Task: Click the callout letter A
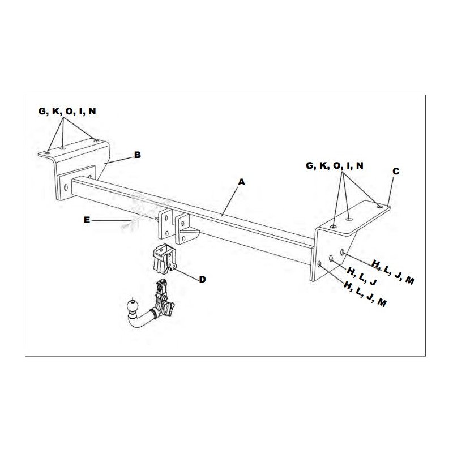point(241,182)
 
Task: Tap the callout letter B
point(138,155)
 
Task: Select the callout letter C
point(395,172)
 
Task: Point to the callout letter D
point(202,279)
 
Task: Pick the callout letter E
point(87,220)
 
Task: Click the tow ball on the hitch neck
point(133,306)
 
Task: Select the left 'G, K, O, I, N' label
point(67,111)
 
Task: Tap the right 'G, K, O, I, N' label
point(335,165)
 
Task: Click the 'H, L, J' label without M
point(362,276)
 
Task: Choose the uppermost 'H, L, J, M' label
point(393,272)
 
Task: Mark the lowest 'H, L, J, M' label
point(365,294)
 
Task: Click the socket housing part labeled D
point(164,258)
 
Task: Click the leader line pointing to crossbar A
point(230,201)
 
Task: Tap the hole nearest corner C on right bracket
point(379,206)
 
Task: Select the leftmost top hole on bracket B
point(47,152)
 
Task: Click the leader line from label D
point(187,275)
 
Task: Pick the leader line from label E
point(112,220)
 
